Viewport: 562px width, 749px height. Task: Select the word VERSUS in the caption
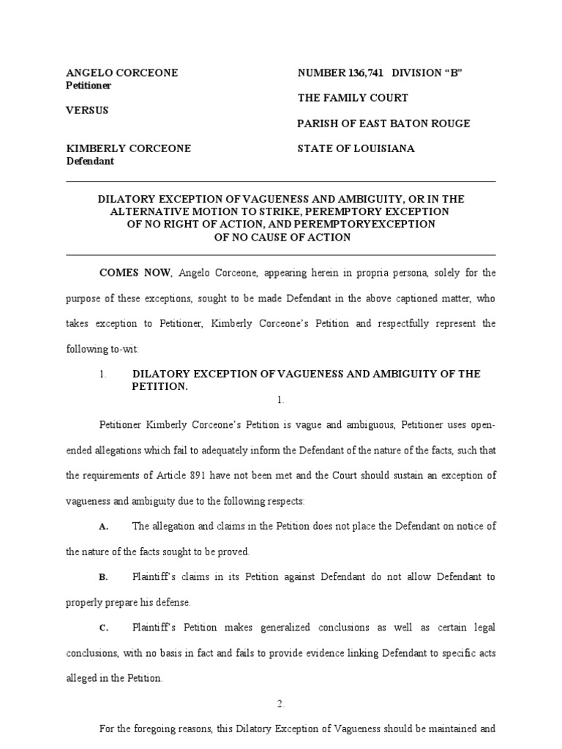pyautogui.click(x=87, y=110)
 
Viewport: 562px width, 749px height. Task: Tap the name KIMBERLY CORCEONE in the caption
pyautogui.click(x=128, y=148)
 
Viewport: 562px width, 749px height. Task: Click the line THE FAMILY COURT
pyautogui.click(x=353, y=98)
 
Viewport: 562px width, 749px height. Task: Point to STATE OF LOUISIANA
pyautogui.click(x=356, y=148)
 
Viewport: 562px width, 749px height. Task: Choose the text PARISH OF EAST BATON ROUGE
pyautogui.click(x=383, y=124)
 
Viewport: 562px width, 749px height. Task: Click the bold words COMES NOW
pyautogui.click(x=135, y=273)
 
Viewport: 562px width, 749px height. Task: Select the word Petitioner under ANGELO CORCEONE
pyautogui.click(x=89, y=86)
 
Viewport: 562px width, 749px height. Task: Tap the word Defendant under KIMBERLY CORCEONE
pyautogui.click(x=90, y=161)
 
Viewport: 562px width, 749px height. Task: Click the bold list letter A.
pyautogui.click(x=103, y=527)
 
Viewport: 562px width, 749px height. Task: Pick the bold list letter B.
pyautogui.click(x=103, y=577)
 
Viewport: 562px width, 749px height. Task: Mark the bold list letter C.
pyautogui.click(x=103, y=628)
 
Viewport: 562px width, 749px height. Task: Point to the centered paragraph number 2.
pyautogui.click(x=280, y=704)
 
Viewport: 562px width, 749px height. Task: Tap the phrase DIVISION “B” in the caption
pyautogui.click(x=428, y=73)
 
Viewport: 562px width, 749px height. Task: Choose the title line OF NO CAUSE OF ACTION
pyautogui.click(x=282, y=237)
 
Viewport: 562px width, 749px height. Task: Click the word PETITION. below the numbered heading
pyautogui.click(x=160, y=386)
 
